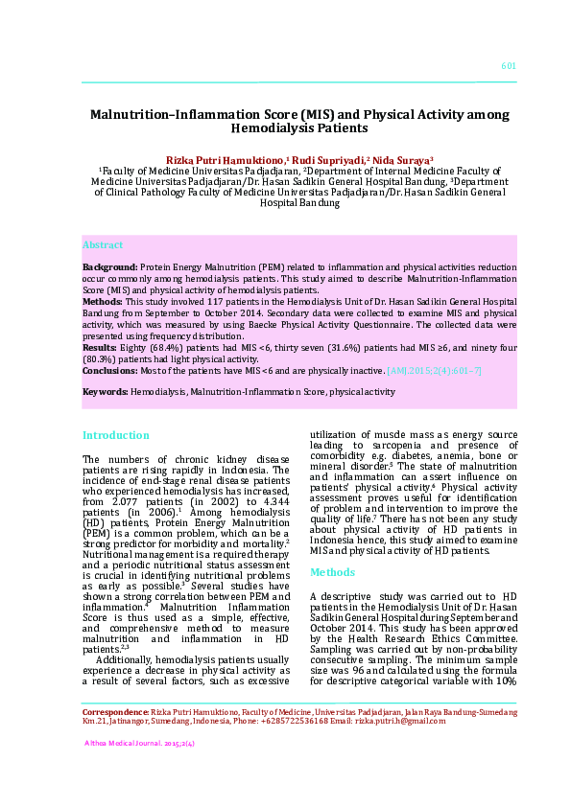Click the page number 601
(x=509, y=66)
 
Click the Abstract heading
(x=103, y=245)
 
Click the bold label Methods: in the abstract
(x=103, y=301)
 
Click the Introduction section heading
(x=115, y=435)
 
